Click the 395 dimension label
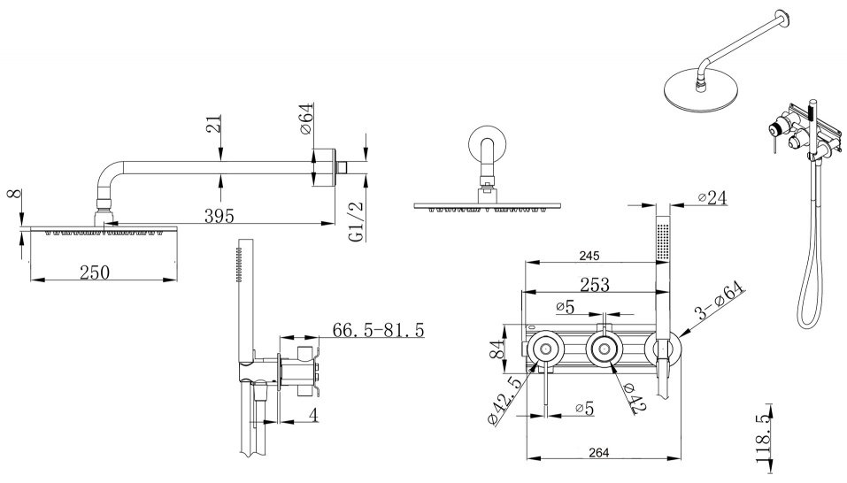pyautogui.click(x=219, y=216)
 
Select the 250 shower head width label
pyautogui.click(x=95, y=272)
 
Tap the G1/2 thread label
pyautogui.click(x=357, y=221)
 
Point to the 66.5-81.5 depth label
pyautogui.click(x=378, y=329)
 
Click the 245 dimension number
pyautogui.click(x=589, y=256)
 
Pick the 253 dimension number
pyautogui.click(x=594, y=284)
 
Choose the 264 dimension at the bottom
pyautogui.click(x=598, y=452)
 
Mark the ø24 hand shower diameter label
pyautogui.click(x=712, y=197)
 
